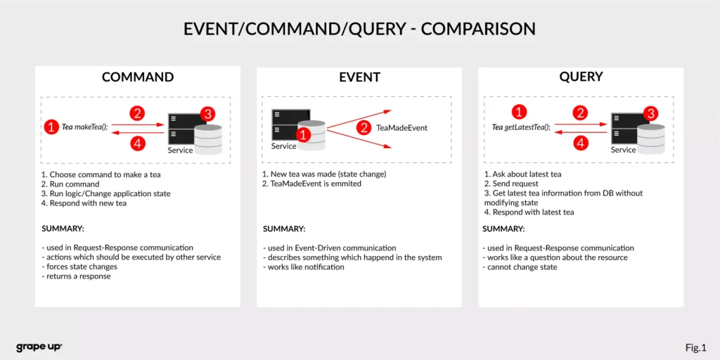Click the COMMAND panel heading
pyautogui.click(x=138, y=77)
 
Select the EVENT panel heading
pyautogui.click(x=359, y=77)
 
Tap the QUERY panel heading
pyautogui.click(x=581, y=77)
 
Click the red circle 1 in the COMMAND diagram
pyautogui.click(x=51, y=127)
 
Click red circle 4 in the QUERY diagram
pyautogui.click(x=580, y=143)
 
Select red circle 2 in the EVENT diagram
pyautogui.click(x=364, y=128)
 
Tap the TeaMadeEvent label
pyautogui.click(x=401, y=128)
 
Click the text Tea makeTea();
pyautogui.click(x=85, y=127)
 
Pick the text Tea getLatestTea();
pyautogui.click(x=521, y=127)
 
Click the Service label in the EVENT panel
pyautogui.click(x=284, y=146)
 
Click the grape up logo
pyautogui.click(x=39, y=347)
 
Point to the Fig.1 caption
pyautogui.click(x=695, y=347)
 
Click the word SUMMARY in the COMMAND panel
pyautogui.click(x=63, y=229)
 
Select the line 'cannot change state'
pyautogui.click(x=520, y=267)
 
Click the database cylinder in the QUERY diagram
pyautogui.click(x=651, y=139)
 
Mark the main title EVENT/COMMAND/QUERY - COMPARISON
pyautogui.click(x=359, y=29)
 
